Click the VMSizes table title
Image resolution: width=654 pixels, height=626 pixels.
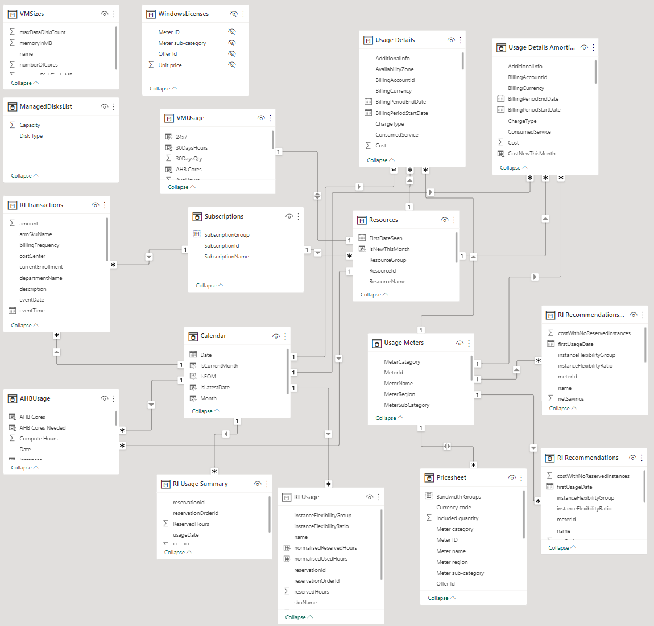pos(31,14)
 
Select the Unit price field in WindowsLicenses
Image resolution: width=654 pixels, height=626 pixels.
pos(170,65)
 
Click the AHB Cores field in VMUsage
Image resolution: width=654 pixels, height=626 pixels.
pos(188,170)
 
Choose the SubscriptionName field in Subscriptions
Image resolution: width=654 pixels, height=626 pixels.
pos(226,257)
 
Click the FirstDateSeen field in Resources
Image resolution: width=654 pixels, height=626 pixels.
pos(386,238)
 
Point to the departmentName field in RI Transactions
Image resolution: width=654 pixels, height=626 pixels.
pos(40,278)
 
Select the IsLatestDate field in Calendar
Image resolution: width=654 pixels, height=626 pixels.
pos(215,388)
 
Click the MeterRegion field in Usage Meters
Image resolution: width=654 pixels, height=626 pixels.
pos(399,394)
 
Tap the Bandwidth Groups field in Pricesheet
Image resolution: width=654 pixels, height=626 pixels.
pos(458,497)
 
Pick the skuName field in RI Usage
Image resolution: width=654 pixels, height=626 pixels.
pos(305,603)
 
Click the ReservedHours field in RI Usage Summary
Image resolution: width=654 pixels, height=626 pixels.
pos(191,524)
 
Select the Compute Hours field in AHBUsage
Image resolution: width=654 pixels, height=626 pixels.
pos(39,439)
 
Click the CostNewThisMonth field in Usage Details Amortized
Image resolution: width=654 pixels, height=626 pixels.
pos(531,154)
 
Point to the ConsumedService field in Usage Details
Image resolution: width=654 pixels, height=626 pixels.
pos(396,135)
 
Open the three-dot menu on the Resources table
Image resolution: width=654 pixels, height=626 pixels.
pos(454,220)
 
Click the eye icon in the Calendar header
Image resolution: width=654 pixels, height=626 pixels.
pos(276,336)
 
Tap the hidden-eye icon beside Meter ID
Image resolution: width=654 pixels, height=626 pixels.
pos(231,32)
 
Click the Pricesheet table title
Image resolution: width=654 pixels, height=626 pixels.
pos(451,478)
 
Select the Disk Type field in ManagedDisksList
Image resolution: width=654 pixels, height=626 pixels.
pos(31,136)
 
